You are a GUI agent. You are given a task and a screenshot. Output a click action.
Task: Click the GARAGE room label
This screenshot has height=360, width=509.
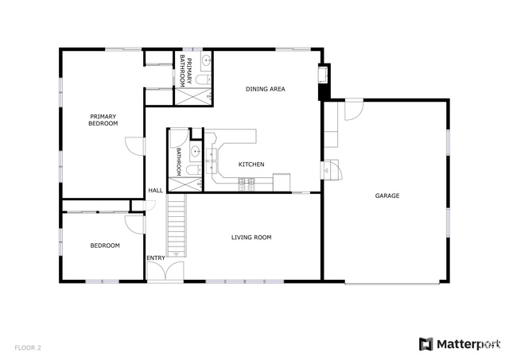pyautogui.click(x=387, y=195)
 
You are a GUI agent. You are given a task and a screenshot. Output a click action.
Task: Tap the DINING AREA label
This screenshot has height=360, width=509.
pyautogui.click(x=265, y=89)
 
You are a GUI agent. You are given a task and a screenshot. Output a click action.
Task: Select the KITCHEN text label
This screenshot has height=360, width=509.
pyautogui.click(x=251, y=165)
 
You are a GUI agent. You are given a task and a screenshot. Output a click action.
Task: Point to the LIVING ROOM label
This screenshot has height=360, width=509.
pyautogui.click(x=251, y=238)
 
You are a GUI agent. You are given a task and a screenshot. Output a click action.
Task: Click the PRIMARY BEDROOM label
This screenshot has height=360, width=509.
pyautogui.click(x=103, y=120)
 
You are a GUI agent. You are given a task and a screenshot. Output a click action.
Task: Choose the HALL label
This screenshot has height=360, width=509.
pyautogui.click(x=156, y=191)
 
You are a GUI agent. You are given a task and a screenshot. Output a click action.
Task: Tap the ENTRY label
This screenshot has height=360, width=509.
pyautogui.click(x=156, y=257)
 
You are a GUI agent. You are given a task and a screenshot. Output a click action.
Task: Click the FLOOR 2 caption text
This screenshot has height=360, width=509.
pyautogui.click(x=28, y=348)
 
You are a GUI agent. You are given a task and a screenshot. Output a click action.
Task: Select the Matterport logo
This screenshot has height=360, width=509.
pyautogui.click(x=460, y=344)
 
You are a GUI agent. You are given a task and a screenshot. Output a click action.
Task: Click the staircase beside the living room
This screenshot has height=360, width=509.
pyautogui.click(x=177, y=226)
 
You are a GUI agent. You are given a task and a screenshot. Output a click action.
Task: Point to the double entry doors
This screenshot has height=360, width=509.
pyautogui.click(x=165, y=272)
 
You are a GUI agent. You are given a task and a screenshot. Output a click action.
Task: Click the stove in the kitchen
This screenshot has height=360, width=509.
pyautogui.click(x=247, y=184)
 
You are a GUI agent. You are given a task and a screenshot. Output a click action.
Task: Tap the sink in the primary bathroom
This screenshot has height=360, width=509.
pyautogui.click(x=206, y=60)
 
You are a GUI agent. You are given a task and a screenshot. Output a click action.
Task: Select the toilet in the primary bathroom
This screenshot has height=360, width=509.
pyautogui.click(x=204, y=79)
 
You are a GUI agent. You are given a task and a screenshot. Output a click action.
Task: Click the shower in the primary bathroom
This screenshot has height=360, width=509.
pyautogui.click(x=193, y=97)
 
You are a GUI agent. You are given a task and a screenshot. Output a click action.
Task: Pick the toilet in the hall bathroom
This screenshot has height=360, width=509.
pyautogui.click(x=194, y=169)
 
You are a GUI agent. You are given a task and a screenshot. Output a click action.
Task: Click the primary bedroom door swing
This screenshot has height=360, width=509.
pyautogui.click(x=134, y=146)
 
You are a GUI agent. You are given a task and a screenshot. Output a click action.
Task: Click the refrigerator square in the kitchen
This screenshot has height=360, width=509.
pyautogui.click(x=282, y=183)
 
